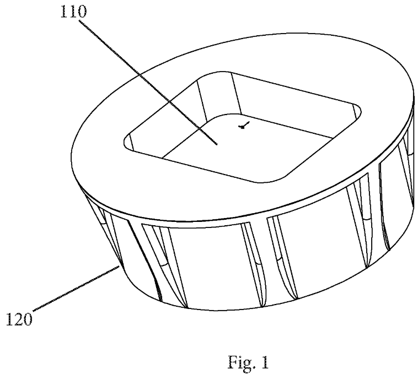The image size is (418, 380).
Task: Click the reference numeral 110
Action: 73,12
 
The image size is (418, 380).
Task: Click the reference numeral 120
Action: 19,319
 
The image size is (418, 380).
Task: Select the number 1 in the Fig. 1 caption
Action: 265,362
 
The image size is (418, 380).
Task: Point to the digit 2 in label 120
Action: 19,319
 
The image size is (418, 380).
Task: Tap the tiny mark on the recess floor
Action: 243,126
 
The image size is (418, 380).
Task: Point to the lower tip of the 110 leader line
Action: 217,144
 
